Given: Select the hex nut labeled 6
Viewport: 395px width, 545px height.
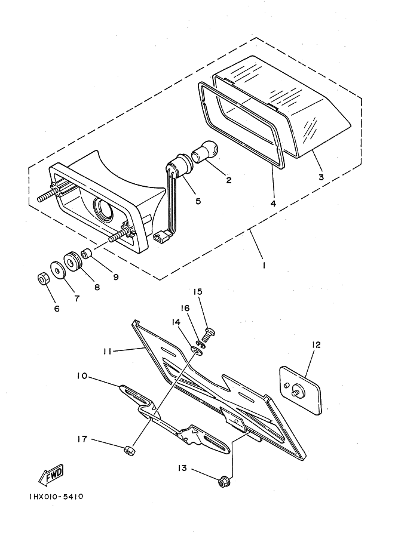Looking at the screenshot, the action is [42, 278].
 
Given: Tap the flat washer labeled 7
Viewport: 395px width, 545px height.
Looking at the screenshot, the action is [58, 269].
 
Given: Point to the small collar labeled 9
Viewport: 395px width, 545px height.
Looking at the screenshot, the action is [86, 254].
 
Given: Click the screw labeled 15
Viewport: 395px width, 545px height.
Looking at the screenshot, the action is [209, 334].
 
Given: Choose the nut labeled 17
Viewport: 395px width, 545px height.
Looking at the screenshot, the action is [129, 451].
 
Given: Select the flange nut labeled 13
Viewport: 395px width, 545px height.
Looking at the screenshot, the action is [222, 482].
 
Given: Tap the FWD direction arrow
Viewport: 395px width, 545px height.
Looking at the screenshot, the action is [51, 475].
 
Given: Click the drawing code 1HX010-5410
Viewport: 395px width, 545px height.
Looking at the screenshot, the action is [56, 496].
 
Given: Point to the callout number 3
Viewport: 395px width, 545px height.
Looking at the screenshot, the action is [321, 177].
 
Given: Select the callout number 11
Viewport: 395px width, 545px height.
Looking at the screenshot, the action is [107, 352].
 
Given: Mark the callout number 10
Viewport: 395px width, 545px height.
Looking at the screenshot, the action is [82, 377].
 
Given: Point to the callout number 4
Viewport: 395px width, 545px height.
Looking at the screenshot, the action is [273, 204].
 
